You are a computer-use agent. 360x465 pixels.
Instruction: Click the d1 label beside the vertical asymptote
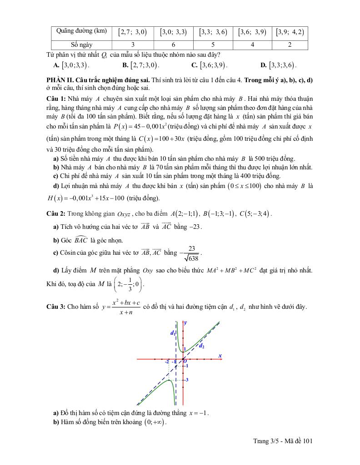tap(173, 333)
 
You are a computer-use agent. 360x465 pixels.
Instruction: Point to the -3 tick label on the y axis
tap(186, 380)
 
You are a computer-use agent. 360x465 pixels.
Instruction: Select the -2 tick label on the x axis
tap(167, 361)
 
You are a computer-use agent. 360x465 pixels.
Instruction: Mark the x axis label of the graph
tap(220, 355)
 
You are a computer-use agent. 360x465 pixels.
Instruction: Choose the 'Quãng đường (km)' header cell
tap(82, 31)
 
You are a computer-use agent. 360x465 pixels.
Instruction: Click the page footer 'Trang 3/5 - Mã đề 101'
tap(283, 440)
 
